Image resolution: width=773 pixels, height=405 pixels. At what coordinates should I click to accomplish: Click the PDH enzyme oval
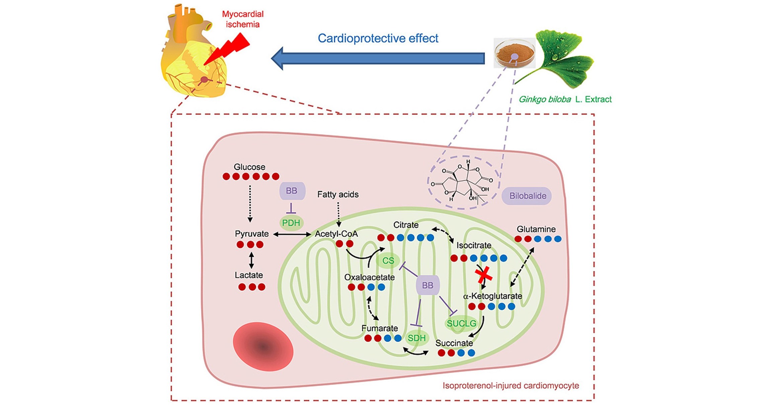click(x=291, y=223)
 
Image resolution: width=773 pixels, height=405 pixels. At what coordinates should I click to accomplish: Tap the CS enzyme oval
click(x=388, y=261)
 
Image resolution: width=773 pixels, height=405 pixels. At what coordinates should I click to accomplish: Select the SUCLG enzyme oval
click(x=461, y=324)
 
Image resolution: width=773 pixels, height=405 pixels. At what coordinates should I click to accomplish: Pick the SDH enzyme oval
click(x=416, y=338)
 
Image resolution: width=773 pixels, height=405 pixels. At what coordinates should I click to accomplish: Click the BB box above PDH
click(x=292, y=191)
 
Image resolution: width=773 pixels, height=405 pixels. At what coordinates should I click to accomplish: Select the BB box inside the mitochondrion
click(x=428, y=285)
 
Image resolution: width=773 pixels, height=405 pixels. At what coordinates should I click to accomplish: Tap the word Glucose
click(x=249, y=167)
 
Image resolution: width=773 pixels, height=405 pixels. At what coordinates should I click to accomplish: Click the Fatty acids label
click(x=338, y=195)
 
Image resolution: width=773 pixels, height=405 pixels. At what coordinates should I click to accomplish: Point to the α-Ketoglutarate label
click(x=492, y=296)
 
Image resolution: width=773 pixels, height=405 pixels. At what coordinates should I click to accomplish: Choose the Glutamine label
click(x=536, y=229)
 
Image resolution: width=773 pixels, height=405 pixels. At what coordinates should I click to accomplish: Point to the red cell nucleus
click(x=263, y=346)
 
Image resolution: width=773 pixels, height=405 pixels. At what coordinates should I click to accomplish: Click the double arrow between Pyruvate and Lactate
click(x=251, y=260)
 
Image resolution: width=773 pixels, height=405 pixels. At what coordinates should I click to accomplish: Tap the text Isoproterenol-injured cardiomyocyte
click(x=511, y=386)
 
